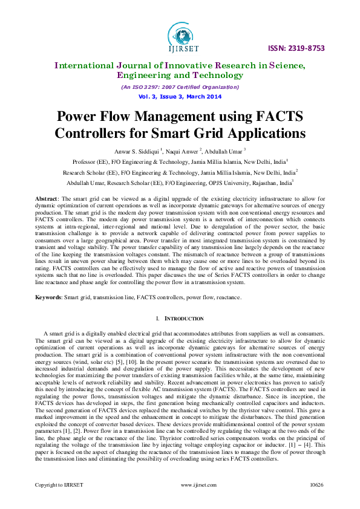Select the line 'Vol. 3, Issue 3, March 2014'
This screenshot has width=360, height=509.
(x=180, y=97)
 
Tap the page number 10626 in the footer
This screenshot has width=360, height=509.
(x=317, y=502)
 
